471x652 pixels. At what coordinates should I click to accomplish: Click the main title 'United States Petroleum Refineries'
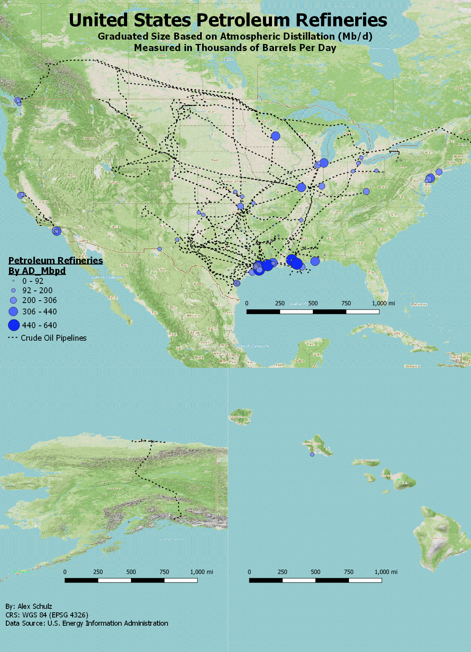pos(228,20)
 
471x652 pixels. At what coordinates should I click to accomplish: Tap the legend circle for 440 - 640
pos(14,325)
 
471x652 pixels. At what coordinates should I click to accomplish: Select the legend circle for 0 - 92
pos(13,281)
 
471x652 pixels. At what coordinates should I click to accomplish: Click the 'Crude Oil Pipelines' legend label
pos(53,338)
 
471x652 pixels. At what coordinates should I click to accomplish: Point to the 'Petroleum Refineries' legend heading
pos(55,261)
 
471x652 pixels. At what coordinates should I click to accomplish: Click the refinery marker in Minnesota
pos(276,136)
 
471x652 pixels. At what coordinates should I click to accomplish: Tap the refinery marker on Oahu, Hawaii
pos(312,455)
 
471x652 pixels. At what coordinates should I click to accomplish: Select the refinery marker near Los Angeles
pos(57,231)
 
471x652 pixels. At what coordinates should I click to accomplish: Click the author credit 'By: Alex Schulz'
pos(29,606)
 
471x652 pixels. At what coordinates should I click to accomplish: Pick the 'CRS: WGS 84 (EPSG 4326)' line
pos(47,615)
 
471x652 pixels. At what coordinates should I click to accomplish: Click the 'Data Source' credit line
pos(87,623)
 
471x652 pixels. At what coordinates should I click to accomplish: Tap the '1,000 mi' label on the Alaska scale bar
pos(201,572)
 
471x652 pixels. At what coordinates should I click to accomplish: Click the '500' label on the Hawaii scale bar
pos(316,572)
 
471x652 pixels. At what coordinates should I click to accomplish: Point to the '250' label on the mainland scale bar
pos(280,303)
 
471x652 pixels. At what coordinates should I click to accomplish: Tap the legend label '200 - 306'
pos(39,300)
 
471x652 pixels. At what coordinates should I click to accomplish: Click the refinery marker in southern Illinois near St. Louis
pos(301,187)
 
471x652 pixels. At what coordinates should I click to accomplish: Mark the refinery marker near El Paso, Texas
pos(159,249)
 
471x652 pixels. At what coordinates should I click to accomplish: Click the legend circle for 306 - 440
pos(13,312)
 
